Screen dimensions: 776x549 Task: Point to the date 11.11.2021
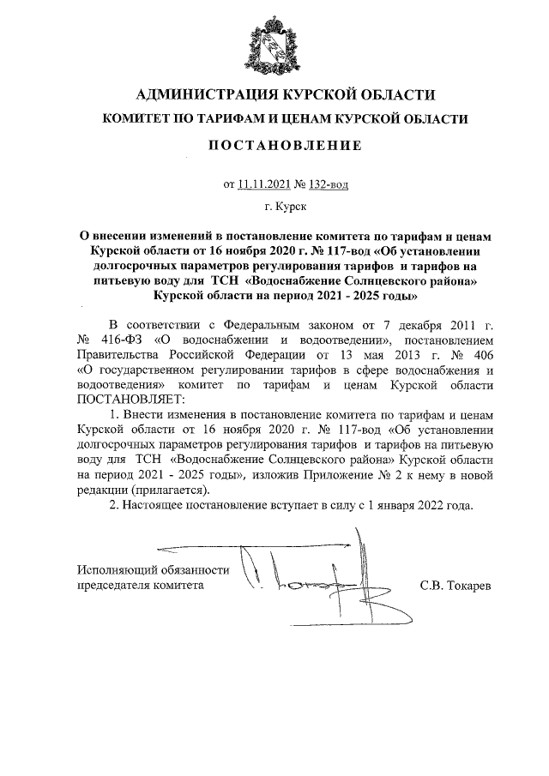pyautogui.click(x=264, y=183)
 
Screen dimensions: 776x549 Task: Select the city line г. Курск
pyautogui.click(x=286, y=207)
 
